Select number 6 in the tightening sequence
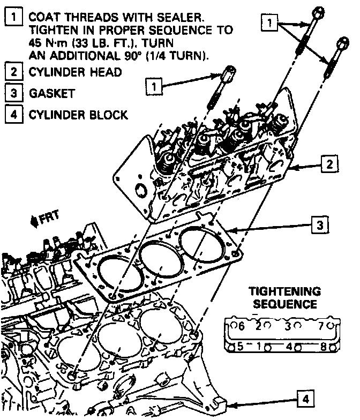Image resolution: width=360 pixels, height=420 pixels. point(242,326)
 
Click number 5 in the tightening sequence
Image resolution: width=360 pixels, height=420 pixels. point(241,346)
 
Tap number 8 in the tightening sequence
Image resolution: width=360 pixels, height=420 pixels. point(324,346)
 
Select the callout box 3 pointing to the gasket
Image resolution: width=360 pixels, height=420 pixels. point(319,224)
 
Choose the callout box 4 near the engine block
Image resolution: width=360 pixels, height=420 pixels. point(305,398)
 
